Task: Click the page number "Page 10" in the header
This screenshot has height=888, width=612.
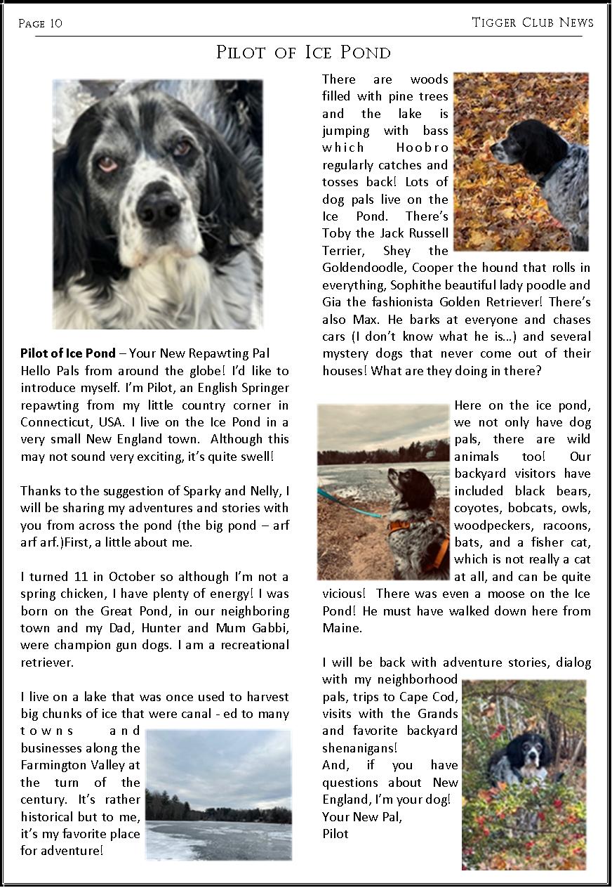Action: tap(40, 23)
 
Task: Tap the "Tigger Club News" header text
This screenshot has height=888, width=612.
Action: tap(533, 22)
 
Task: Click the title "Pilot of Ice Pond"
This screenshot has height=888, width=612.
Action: tap(303, 53)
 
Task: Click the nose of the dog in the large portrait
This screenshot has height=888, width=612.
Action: tap(159, 208)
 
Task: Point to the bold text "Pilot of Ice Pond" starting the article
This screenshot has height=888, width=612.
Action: tap(68, 353)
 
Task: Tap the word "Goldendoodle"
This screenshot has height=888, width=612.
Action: tap(365, 268)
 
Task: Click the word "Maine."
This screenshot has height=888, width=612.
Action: tap(342, 627)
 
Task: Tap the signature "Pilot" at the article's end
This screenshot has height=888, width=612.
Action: tap(335, 833)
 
